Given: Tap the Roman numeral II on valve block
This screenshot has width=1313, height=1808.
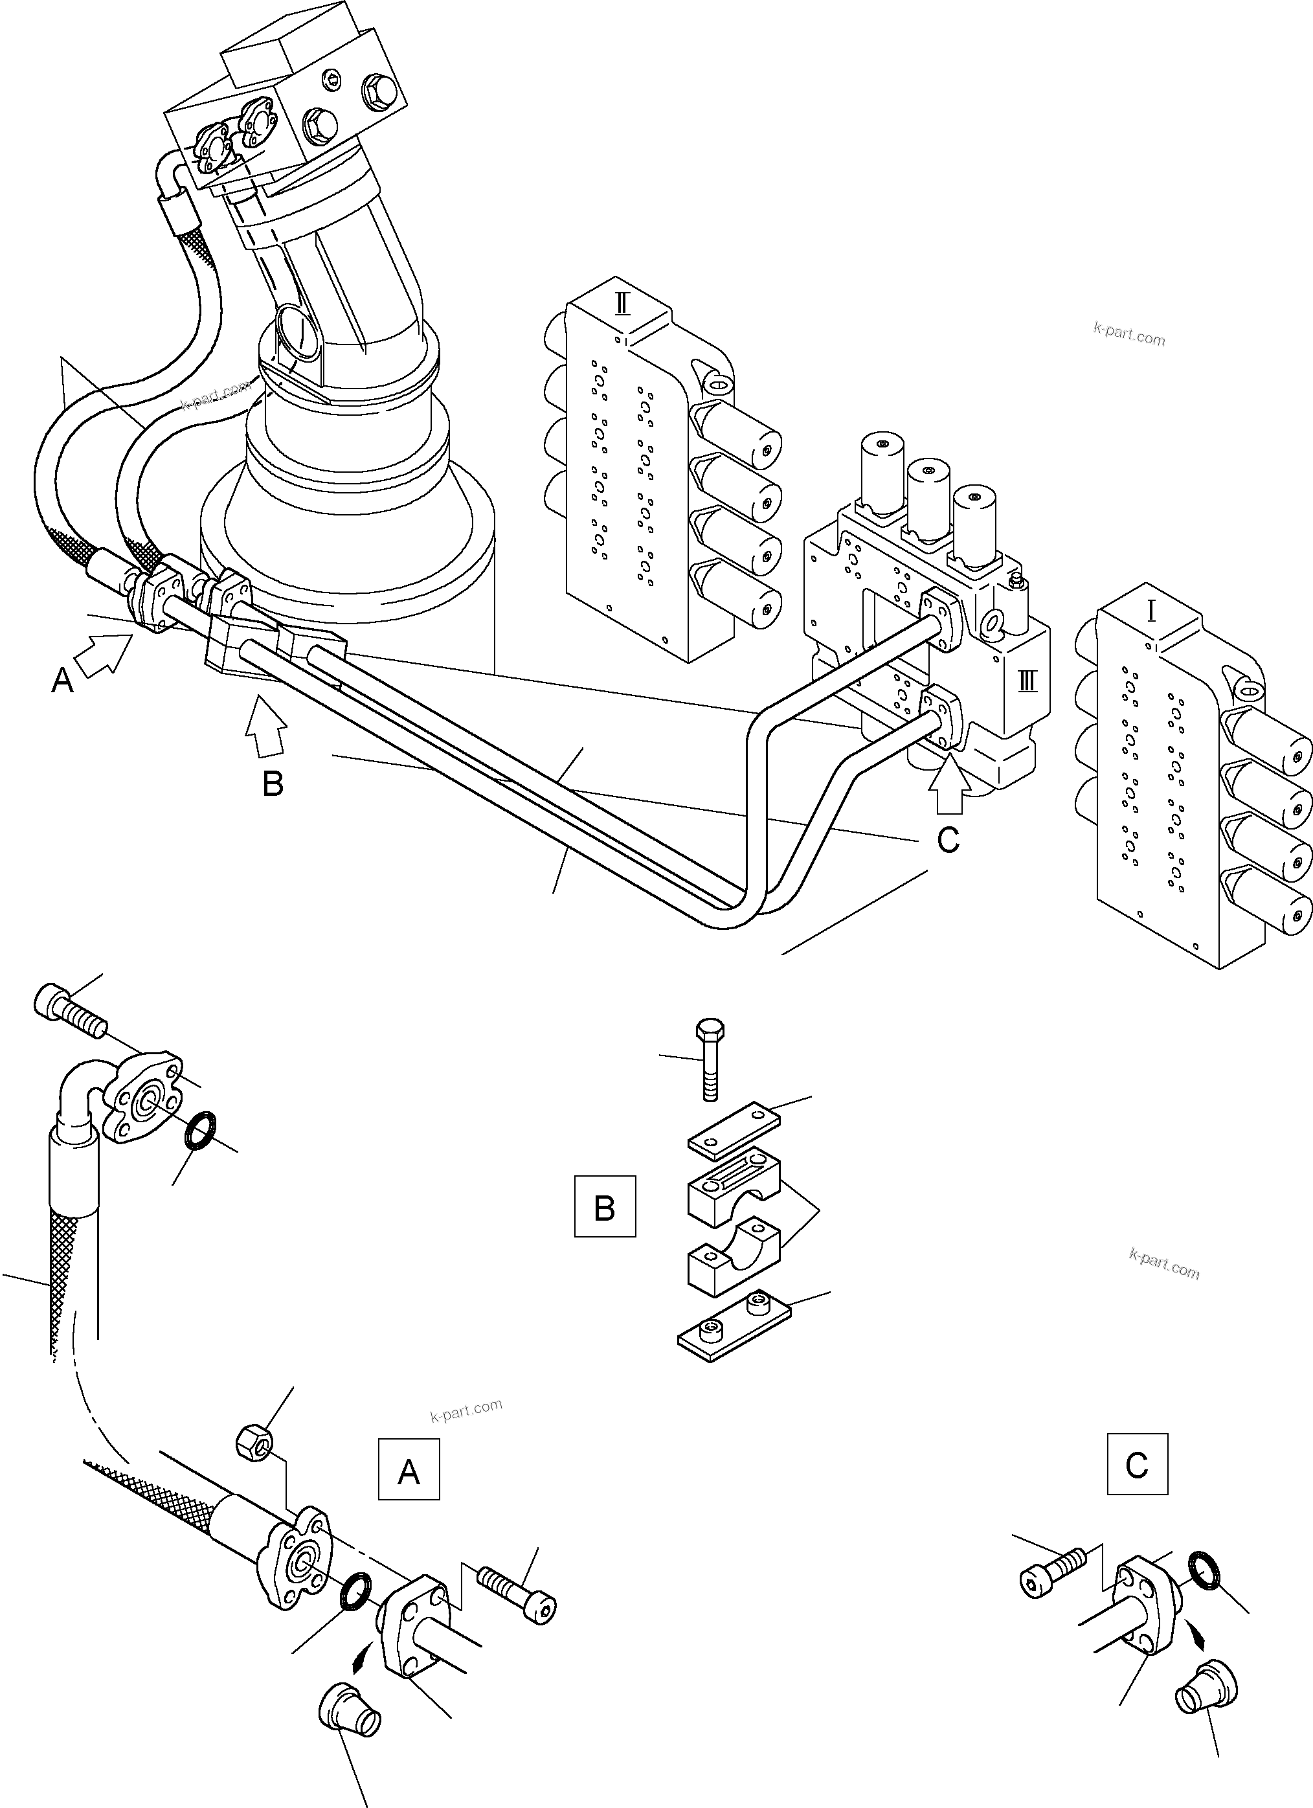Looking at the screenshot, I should tap(623, 304).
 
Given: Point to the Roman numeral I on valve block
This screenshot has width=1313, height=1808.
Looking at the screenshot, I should tap(1151, 611).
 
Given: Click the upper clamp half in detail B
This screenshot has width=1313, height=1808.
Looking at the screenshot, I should tap(734, 1188).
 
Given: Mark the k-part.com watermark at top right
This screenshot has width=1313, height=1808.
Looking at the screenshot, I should tap(1129, 334).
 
